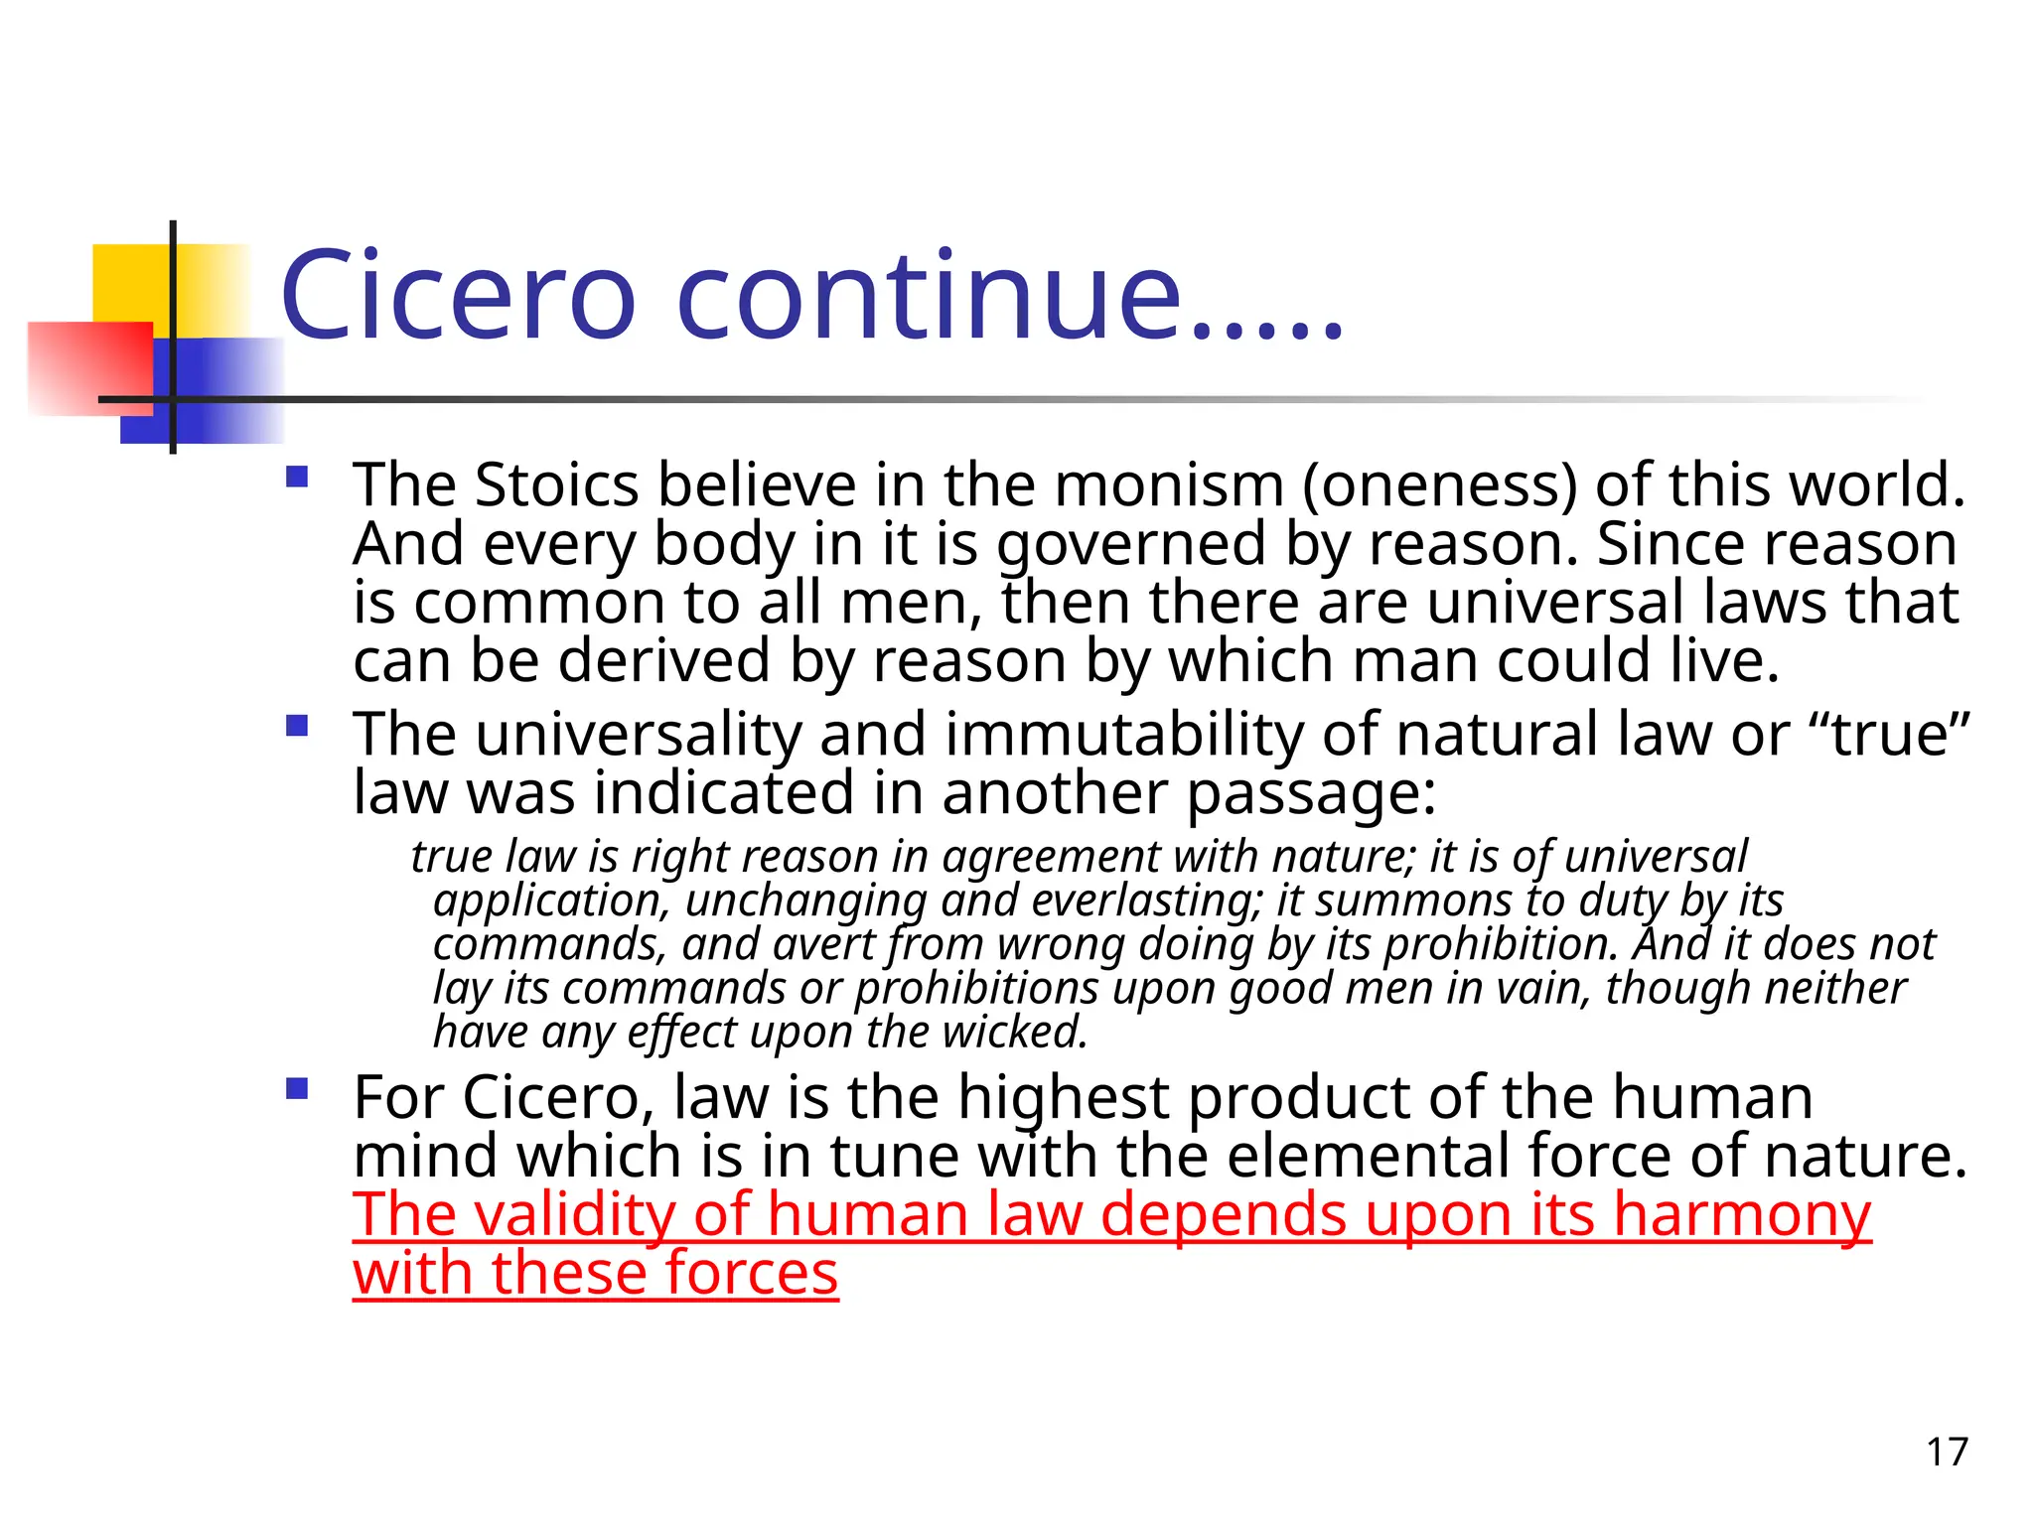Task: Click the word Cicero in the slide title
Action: click(x=458, y=295)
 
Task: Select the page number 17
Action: click(x=1947, y=1453)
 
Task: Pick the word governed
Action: click(x=1132, y=545)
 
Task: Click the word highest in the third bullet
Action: click(x=1063, y=1098)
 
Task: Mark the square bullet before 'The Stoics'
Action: click(x=296, y=478)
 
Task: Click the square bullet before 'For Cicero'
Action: click(x=296, y=1090)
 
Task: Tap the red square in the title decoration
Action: click(x=89, y=367)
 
